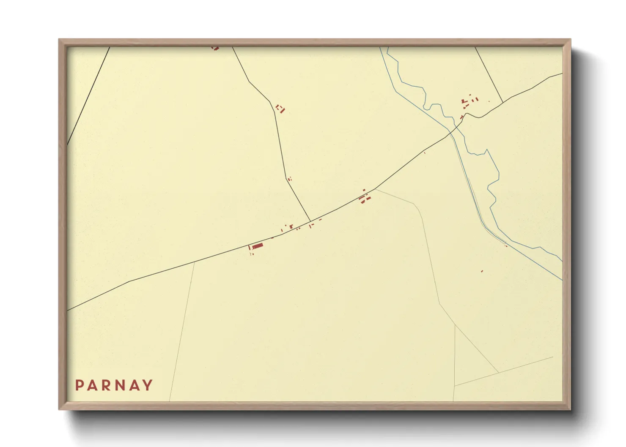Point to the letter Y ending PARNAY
pyautogui.click(x=148, y=385)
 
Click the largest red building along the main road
pyautogui.click(x=258, y=246)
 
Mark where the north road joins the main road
pyautogui.click(x=310, y=221)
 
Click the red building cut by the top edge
pyautogui.click(x=215, y=49)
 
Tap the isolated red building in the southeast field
pyautogui.click(x=482, y=271)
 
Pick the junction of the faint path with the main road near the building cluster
pyautogui.click(x=375, y=189)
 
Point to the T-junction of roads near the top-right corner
pyautogui.click(x=503, y=102)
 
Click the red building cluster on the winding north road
pyautogui.click(x=280, y=109)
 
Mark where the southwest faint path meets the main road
pyautogui.click(x=194, y=262)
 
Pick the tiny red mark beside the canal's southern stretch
pyautogui.click(x=506, y=245)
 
